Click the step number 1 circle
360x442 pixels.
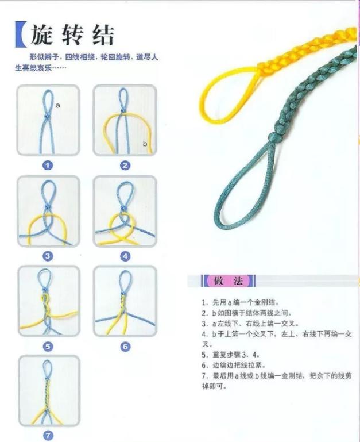(48, 166)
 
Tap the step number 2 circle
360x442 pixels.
(125, 166)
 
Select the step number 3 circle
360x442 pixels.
(48, 256)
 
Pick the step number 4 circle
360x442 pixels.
(125, 256)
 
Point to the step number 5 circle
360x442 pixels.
(48, 347)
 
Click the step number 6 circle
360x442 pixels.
(125, 347)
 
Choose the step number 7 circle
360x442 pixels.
(48, 435)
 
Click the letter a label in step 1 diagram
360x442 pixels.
(59, 105)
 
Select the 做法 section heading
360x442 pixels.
(229, 281)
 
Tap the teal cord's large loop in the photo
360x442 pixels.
(241, 190)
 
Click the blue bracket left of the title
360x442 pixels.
(21, 36)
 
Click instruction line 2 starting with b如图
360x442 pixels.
(247, 313)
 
